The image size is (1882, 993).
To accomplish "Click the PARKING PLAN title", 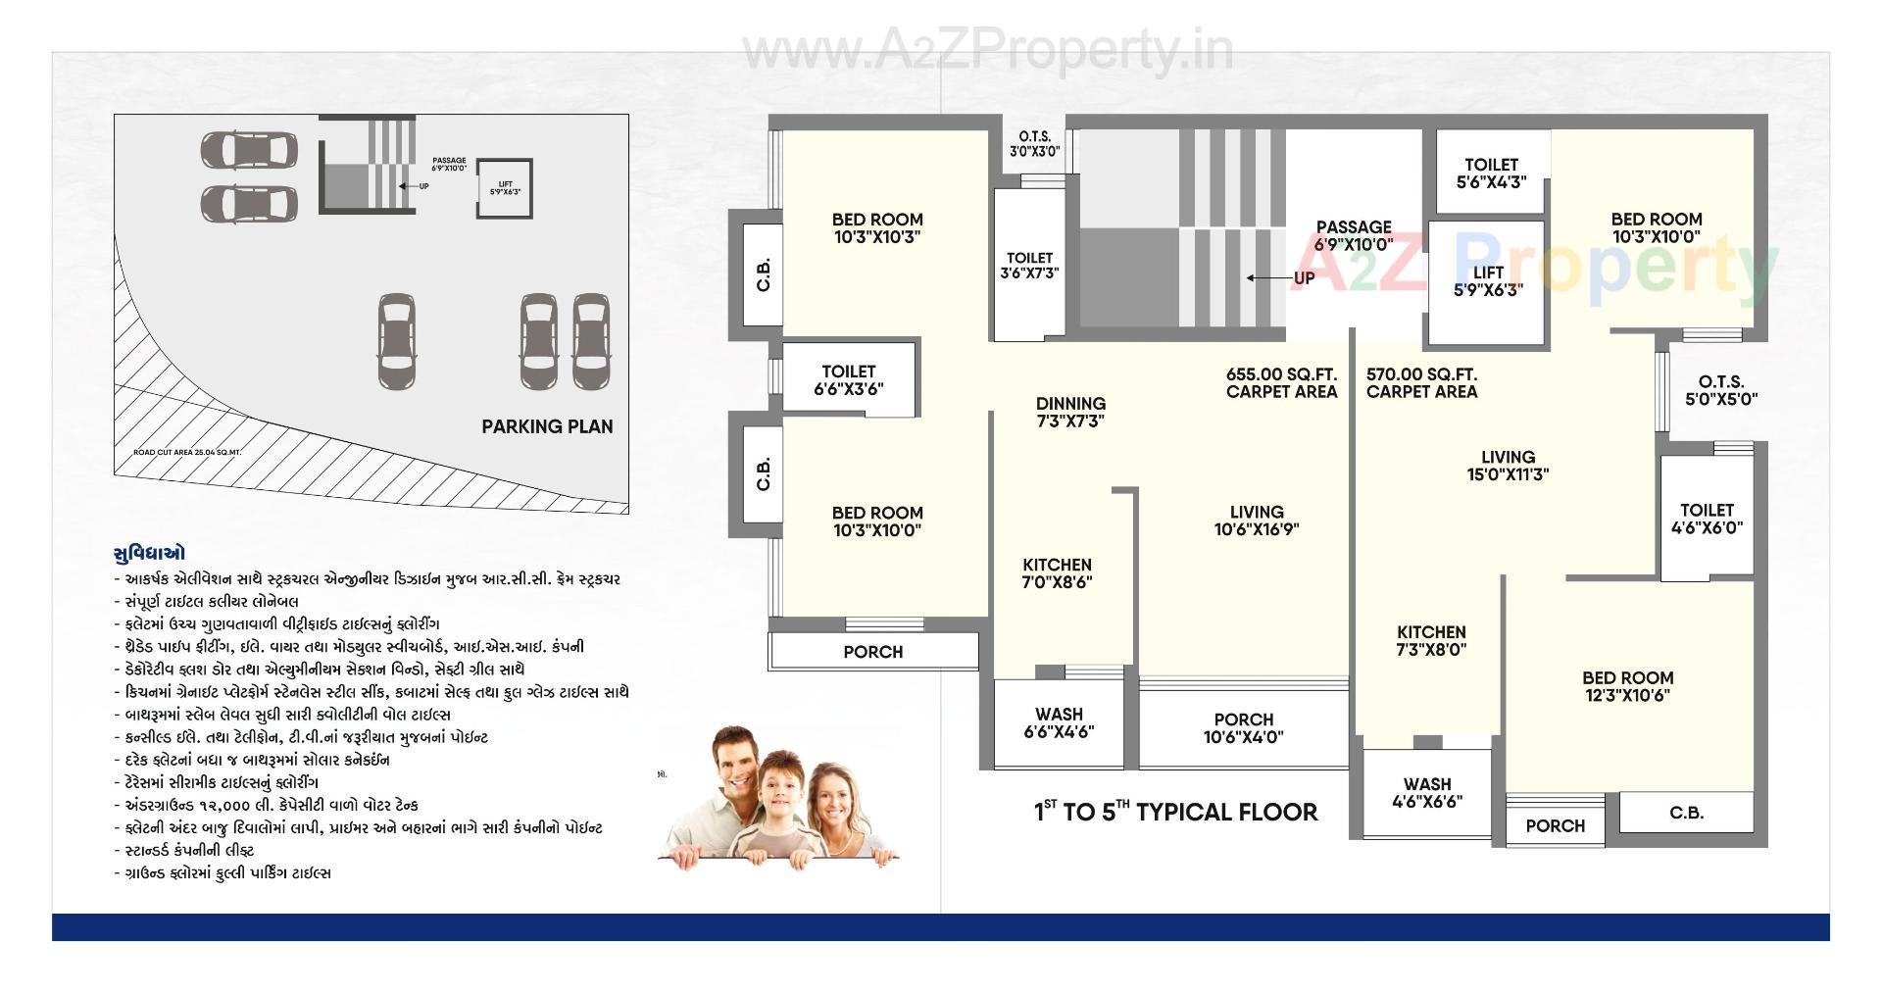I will (547, 426).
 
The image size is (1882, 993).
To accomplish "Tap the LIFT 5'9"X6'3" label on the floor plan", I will (1487, 281).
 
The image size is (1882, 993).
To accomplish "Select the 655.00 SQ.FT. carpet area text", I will (1281, 382).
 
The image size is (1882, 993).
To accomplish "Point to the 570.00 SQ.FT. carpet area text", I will (1421, 382).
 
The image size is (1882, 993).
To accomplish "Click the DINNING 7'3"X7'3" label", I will (1070, 412).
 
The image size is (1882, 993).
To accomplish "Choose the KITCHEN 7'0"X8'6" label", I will (1057, 573).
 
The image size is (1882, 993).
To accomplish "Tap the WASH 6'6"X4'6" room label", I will (1059, 722).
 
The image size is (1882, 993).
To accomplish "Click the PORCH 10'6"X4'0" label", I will (1243, 728).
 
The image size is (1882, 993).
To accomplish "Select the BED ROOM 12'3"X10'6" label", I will (1627, 686).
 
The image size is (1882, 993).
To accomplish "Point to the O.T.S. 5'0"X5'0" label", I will (1720, 390).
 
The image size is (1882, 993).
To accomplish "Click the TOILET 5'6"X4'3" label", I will (1491, 173).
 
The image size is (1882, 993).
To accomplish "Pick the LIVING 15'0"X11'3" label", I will (1508, 466).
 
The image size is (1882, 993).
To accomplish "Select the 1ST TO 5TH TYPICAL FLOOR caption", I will (1175, 812).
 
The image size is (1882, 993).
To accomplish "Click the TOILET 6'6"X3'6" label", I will (848, 379).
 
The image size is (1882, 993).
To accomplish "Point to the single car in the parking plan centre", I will (395, 340).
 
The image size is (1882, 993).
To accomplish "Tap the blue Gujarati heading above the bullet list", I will (149, 553).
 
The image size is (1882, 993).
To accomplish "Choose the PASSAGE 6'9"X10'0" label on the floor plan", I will (1354, 235).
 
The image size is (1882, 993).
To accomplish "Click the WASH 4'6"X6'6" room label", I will (1426, 792).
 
